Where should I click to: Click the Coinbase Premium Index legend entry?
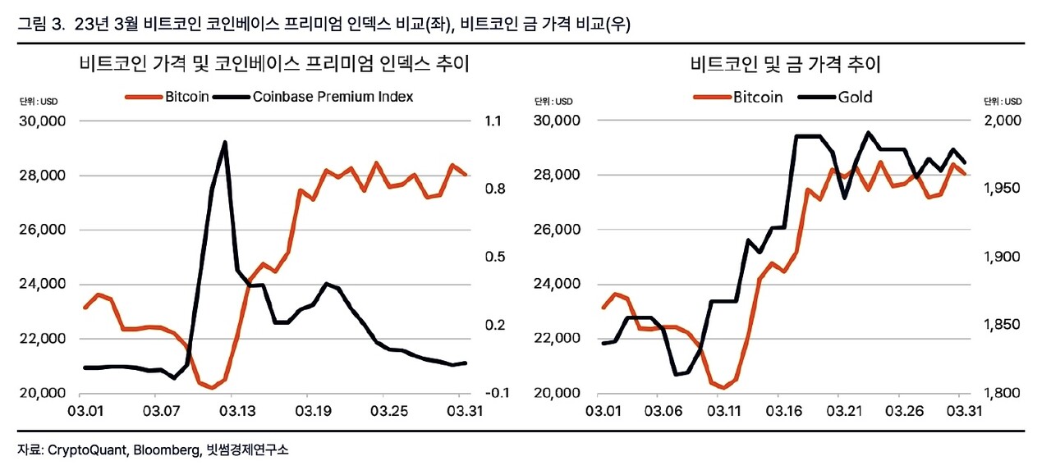[333, 97]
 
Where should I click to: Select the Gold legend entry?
[855, 97]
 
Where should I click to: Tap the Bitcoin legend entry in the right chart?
[757, 97]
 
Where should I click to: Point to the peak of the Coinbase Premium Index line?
[224, 143]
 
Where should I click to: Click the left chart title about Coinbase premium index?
[274, 64]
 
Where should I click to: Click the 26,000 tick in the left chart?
[43, 230]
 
